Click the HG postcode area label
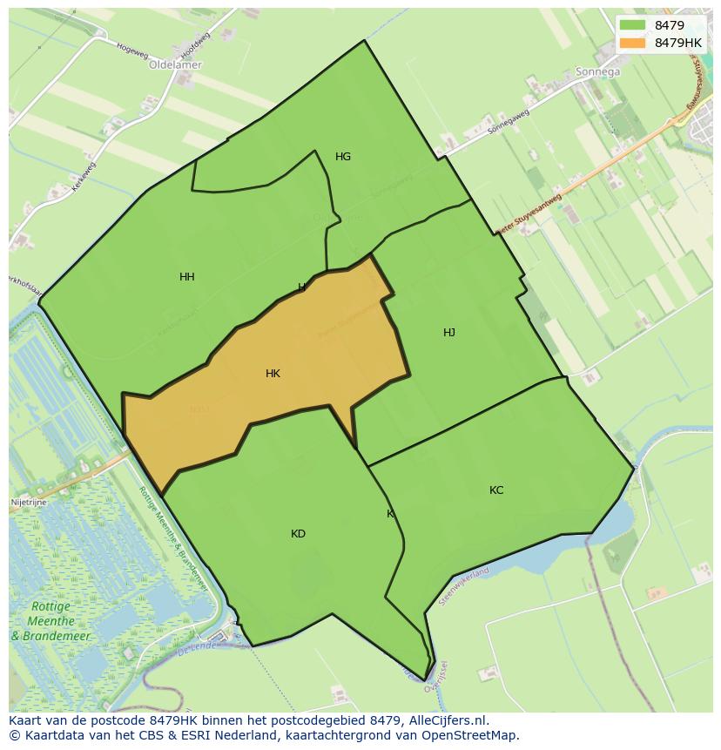(x=343, y=157)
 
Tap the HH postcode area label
(x=187, y=277)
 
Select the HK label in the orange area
(x=273, y=374)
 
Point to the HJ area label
(x=449, y=333)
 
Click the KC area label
(x=496, y=490)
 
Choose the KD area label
(x=299, y=534)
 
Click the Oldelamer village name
(x=175, y=64)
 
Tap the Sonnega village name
(x=598, y=72)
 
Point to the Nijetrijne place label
(x=29, y=503)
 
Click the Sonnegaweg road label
(x=509, y=127)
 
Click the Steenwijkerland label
(x=464, y=586)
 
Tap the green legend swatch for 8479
(x=633, y=25)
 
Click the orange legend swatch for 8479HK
(x=633, y=42)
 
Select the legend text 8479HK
(x=678, y=42)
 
